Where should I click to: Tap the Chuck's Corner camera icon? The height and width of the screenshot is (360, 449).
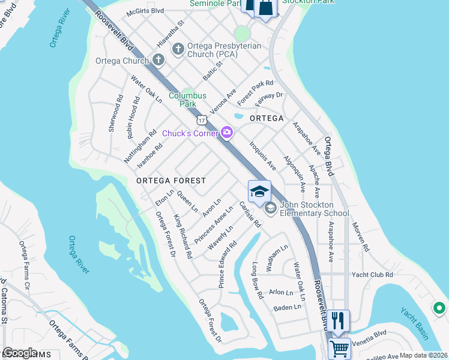(x=227, y=133)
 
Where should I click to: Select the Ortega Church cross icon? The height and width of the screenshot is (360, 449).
(x=158, y=60)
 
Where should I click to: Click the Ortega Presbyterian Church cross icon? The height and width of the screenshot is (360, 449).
(x=178, y=48)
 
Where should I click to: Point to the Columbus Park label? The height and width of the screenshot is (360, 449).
(x=187, y=100)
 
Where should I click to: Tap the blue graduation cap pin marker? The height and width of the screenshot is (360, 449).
(x=259, y=192)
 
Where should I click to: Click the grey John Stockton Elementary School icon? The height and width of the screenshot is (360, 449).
(x=270, y=208)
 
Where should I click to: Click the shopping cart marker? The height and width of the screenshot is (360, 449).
(x=339, y=347)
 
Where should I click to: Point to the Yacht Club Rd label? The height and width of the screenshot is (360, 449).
(x=372, y=274)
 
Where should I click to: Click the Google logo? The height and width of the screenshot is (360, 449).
(x=20, y=353)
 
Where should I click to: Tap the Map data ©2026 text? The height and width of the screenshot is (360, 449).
(x=423, y=355)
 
